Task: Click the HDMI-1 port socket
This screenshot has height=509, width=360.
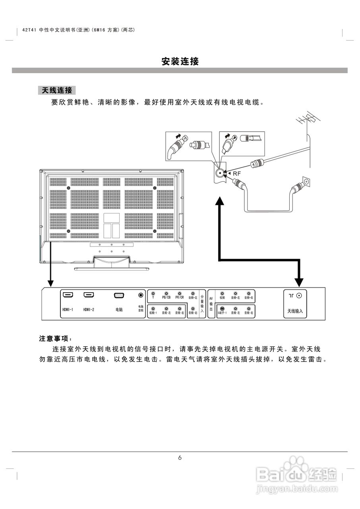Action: tap(68, 295)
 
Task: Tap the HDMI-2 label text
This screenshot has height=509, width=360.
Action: tap(89, 309)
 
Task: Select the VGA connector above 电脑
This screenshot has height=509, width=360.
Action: tap(119, 295)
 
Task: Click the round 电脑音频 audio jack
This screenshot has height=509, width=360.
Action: tap(141, 295)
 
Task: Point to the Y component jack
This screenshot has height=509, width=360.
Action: tap(153, 293)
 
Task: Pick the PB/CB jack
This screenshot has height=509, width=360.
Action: tap(166, 293)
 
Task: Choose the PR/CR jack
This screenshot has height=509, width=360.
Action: tap(180, 293)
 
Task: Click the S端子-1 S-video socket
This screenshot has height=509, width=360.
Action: tap(222, 309)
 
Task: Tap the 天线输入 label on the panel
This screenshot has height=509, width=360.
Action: tap(295, 311)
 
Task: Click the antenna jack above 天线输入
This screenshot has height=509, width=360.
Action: tap(299, 295)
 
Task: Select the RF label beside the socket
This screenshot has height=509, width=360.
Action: tap(237, 173)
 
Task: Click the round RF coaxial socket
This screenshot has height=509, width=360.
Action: tap(220, 173)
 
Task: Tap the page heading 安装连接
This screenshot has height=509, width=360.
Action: tap(180, 62)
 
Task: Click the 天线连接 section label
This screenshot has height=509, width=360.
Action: tap(57, 90)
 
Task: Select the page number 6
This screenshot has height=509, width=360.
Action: tap(180, 458)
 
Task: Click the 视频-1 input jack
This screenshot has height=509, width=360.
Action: tap(153, 309)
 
